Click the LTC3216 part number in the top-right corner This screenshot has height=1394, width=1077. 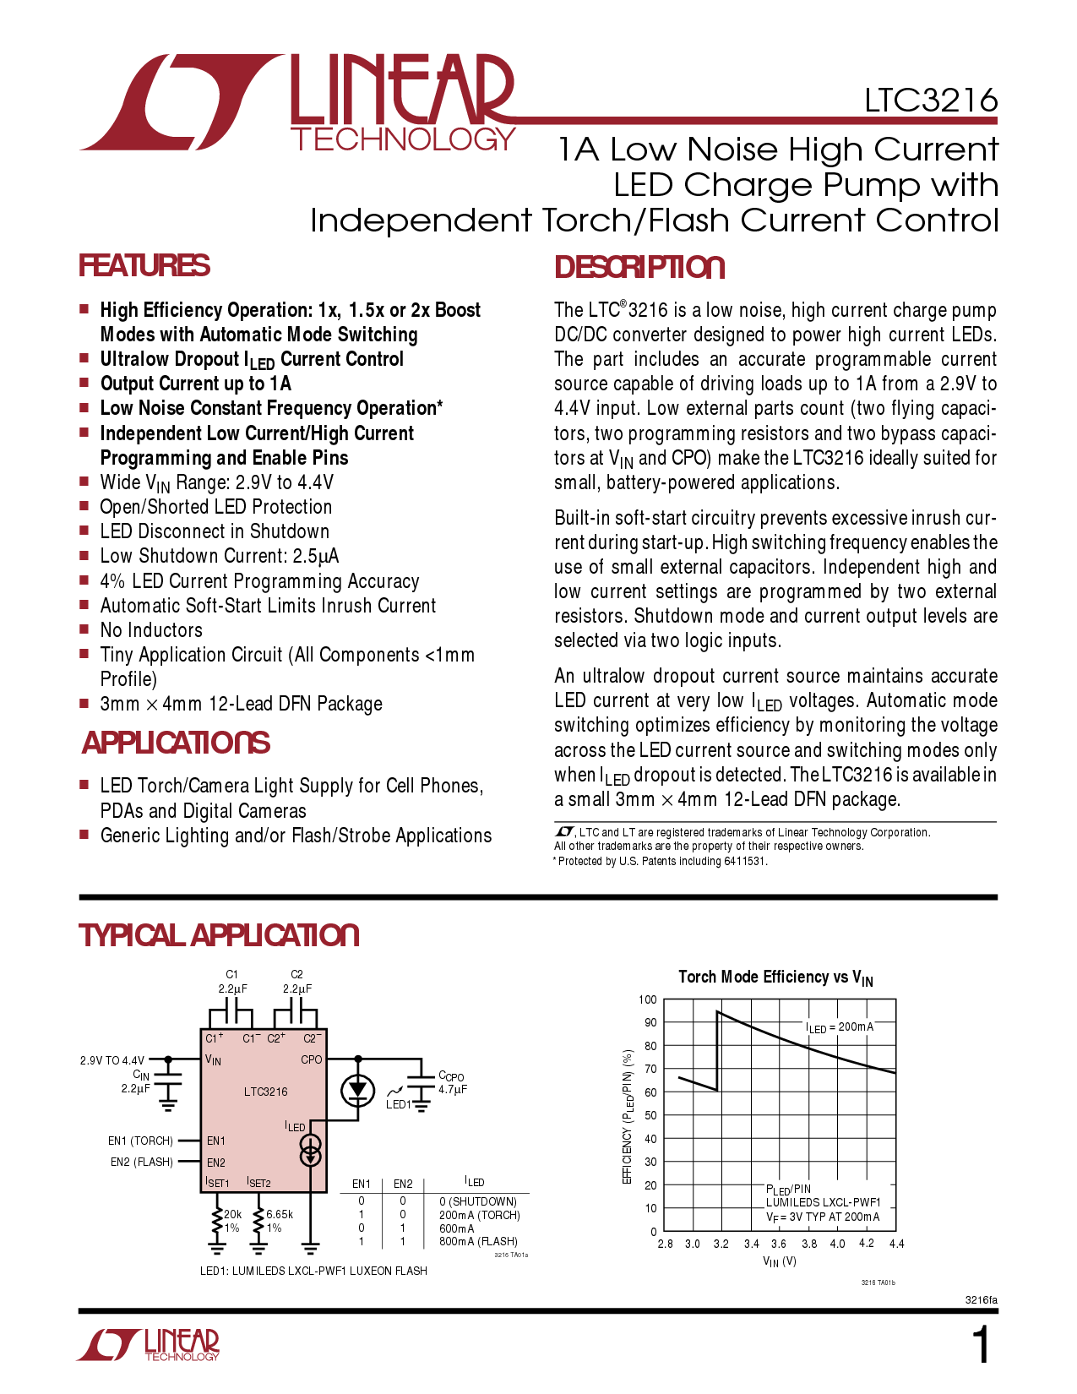(x=930, y=101)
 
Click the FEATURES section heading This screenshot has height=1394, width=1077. (x=144, y=266)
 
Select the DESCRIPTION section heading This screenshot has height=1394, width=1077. (x=639, y=268)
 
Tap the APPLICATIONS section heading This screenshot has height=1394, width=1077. (x=176, y=743)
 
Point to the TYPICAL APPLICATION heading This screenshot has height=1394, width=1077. (x=219, y=936)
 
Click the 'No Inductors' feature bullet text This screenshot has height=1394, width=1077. (x=151, y=630)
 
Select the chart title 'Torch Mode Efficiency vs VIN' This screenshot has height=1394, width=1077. (x=775, y=977)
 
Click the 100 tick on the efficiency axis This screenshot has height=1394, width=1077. (x=648, y=999)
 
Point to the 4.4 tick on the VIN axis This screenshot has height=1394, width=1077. (x=896, y=1244)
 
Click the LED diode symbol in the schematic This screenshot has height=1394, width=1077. (x=357, y=1090)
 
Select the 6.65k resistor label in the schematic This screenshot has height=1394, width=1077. (x=280, y=1215)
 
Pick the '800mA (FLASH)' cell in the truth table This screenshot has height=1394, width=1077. (x=478, y=1242)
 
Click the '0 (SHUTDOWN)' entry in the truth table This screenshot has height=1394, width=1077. (x=478, y=1201)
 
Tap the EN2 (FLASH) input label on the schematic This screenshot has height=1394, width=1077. (x=142, y=1163)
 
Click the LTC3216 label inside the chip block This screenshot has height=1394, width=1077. (x=265, y=1092)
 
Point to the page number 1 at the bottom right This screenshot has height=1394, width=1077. (x=981, y=1346)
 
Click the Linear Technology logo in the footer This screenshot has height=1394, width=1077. (x=149, y=1345)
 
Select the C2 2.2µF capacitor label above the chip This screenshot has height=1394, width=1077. (x=296, y=982)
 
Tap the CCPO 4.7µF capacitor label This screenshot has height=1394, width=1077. (x=452, y=1082)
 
